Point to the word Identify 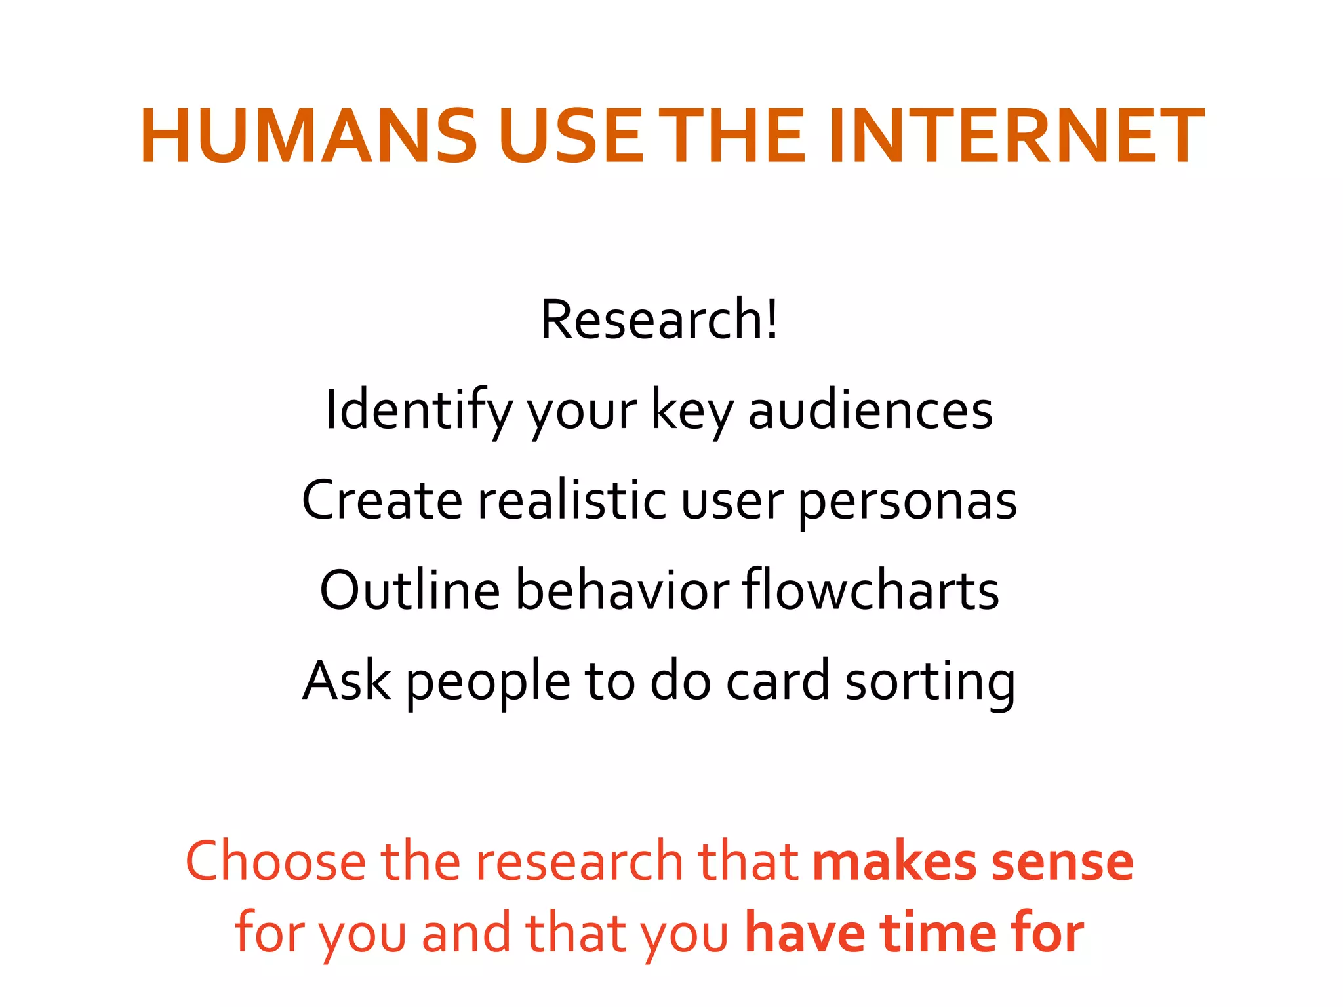(418, 410)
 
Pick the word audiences (870, 410)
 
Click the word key (692, 412)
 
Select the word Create (382, 500)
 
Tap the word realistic (572, 500)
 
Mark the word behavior (622, 590)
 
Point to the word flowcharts (871, 590)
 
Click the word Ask (346, 681)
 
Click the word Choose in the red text (275, 861)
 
